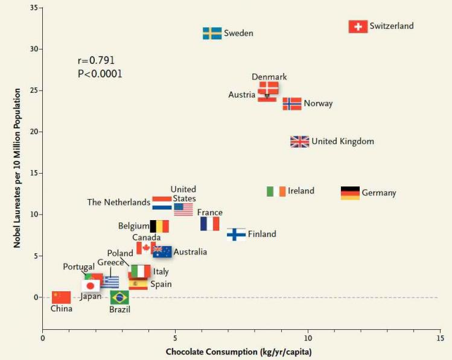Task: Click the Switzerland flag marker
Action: tap(358, 27)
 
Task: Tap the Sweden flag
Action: tap(212, 33)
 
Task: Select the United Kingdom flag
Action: tap(299, 142)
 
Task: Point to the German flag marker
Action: tap(350, 193)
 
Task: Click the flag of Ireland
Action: tap(276, 191)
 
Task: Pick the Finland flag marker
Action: tap(236, 234)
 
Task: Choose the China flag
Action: tap(61, 297)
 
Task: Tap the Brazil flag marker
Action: tap(119, 297)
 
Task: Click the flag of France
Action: tap(209, 224)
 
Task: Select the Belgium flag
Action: tap(159, 226)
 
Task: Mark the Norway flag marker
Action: tap(292, 104)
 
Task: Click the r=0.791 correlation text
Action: tap(96, 60)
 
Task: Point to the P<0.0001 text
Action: tap(100, 74)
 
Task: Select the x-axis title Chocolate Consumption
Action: tap(238, 352)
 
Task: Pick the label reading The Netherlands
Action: tap(118, 203)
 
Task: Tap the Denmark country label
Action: tap(269, 77)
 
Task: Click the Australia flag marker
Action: tap(162, 251)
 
